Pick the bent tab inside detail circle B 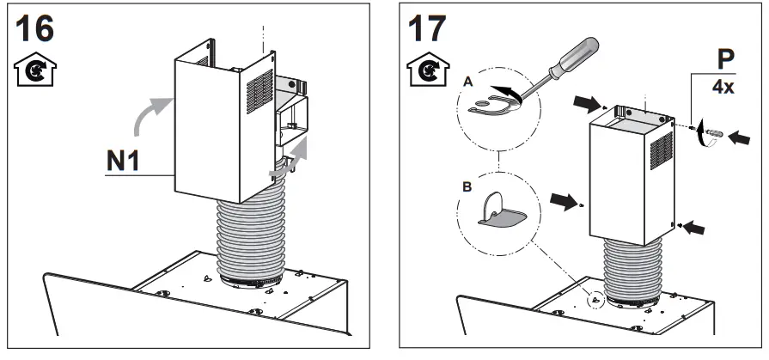coord(497,214)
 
